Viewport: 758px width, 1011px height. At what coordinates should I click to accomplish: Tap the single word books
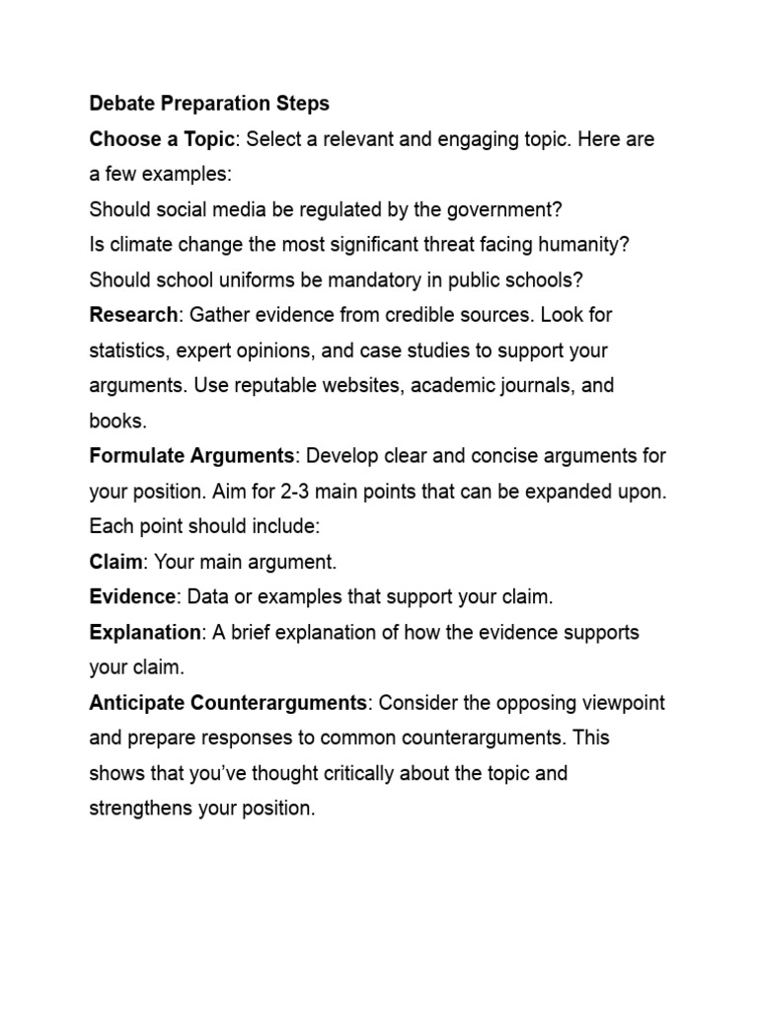(x=116, y=421)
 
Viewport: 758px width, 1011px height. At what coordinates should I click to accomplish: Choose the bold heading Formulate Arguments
(x=191, y=456)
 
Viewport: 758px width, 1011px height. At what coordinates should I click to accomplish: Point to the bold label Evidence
(x=132, y=597)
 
